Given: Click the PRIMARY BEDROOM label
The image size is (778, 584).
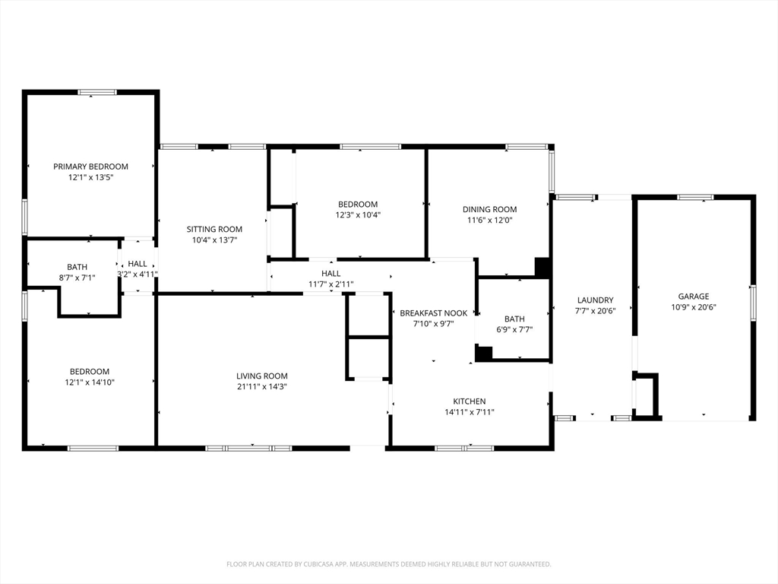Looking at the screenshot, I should tap(90, 167).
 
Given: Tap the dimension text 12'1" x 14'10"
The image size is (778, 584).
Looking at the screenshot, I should tap(90, 382).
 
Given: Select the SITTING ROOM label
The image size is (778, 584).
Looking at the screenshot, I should tap(214, 229).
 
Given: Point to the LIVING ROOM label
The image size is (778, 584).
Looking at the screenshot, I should tap(262, 376).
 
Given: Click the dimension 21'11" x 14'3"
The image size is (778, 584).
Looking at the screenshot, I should tap(262, 386).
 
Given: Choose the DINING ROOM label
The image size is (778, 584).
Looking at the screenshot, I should tap(489, 209).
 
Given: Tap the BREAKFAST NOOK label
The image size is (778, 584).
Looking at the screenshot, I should tap(434, 313).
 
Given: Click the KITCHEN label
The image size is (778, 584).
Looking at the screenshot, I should tap(469, 401).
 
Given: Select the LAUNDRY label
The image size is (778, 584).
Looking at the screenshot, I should tap(595, 300).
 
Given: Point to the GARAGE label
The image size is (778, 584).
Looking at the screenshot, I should tap(694, 297).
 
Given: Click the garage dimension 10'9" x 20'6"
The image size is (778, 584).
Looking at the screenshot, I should tap(694, 307).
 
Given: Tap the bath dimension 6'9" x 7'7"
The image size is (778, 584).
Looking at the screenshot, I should tap(514, 330).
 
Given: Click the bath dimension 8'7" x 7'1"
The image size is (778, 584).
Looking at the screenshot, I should tap(77, 278).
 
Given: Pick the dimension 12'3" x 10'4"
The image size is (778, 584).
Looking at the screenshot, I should tap(358, 214).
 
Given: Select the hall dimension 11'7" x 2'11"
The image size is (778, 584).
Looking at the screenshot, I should tap(330, 284).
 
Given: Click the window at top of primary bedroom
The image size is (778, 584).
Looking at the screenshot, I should tap(97, 92).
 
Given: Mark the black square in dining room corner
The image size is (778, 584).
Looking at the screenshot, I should tap(542, 267).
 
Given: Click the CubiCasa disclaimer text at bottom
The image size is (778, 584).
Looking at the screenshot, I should tap(388, 564).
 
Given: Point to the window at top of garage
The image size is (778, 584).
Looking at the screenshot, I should tap(694, 198).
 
